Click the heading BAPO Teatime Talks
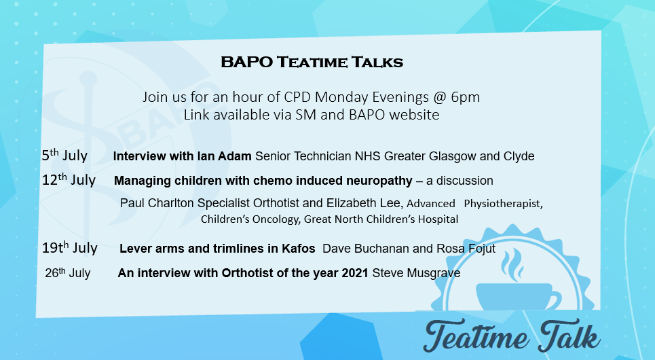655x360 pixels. point(312,62)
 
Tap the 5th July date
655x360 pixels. point(64,155)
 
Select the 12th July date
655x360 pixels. point(69,180)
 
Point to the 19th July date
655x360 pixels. point(69,247)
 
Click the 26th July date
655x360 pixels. point(68,272)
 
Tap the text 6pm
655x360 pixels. point(466,97)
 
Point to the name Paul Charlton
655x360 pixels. point(157,203)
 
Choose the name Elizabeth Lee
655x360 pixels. point(363,203)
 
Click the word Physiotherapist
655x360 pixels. point(503,204)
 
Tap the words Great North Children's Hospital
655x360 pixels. point(381,219)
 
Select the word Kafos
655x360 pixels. point(298,249)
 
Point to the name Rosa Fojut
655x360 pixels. point(466,249)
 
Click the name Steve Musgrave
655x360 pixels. point(416,273)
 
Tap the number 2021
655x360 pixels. point(355,273)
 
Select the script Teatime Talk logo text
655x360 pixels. point(512,336)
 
